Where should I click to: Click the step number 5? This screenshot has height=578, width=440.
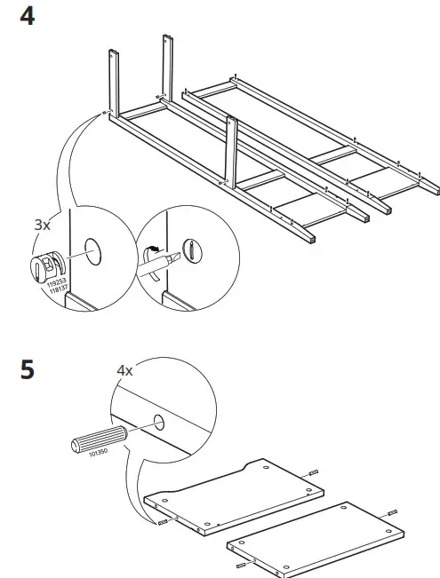(x=28, y=368)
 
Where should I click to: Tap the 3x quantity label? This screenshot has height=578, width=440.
(x=42, y=226)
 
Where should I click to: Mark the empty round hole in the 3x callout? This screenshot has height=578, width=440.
(x=92, y=248)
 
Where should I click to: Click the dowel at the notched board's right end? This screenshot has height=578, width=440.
(x=315, y=473)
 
